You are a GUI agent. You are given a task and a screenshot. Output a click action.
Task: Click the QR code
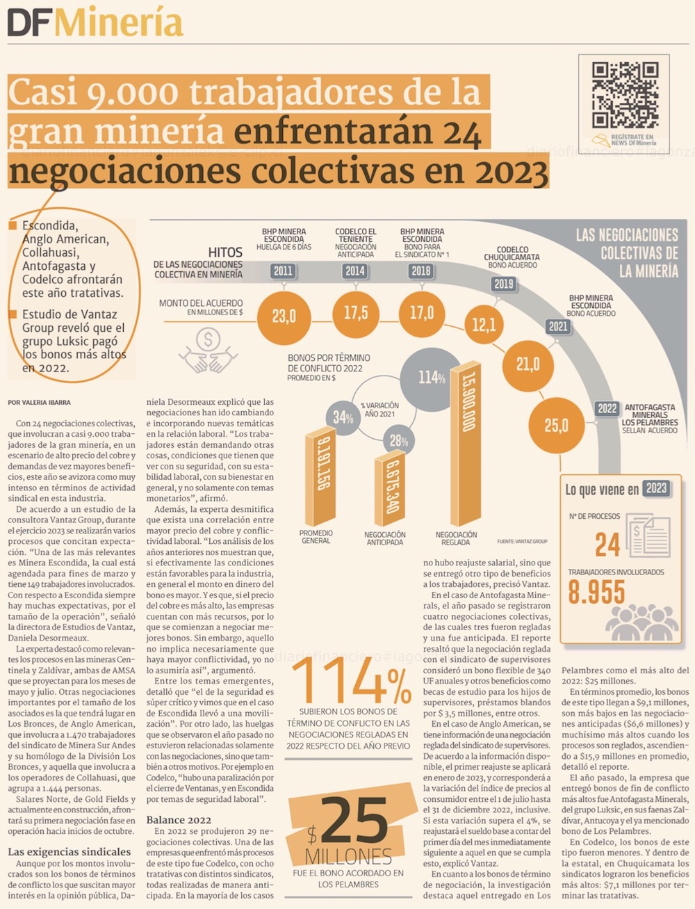point(625,94)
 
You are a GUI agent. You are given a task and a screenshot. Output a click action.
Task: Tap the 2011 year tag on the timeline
point(283,271)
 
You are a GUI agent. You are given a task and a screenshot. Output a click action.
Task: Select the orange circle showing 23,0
point(284,316)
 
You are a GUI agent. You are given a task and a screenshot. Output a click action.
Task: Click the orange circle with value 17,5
point(355,313)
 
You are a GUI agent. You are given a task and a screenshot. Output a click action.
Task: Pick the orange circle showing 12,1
point(484,325)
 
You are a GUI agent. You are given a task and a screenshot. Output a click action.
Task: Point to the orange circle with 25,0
point(556,425)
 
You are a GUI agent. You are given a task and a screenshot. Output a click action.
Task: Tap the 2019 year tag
point(503,283)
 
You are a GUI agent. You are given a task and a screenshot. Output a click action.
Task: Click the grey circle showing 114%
point(432,378)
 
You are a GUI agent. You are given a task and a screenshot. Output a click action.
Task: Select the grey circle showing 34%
point(343,417)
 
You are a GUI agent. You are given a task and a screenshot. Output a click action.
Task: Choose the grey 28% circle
point(399,440)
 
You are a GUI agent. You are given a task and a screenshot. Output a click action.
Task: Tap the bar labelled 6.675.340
point(393,490)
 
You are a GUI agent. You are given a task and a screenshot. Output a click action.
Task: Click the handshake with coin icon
point(208,351)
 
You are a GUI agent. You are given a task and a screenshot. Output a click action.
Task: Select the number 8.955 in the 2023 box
point(596,593)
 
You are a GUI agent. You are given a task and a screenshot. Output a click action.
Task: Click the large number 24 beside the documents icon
point(607,545)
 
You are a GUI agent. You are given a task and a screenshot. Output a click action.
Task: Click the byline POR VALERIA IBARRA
point(40,403)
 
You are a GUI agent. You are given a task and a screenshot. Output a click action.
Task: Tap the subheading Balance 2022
point(179,820)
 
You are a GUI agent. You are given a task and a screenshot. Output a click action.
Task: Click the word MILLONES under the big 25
point(348,855)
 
